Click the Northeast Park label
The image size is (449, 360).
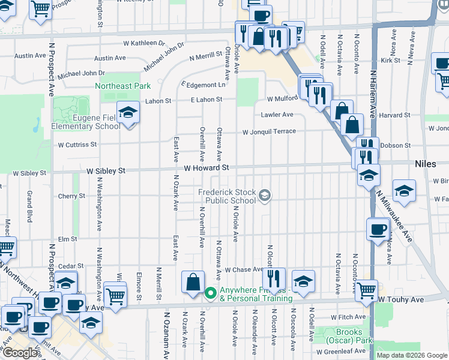[122, 86]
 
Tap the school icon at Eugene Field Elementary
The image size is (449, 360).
[128, 112]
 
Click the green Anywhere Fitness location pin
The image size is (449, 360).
[210, 293]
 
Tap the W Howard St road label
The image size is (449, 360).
[207, 168]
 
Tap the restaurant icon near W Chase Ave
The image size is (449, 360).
[273, 278]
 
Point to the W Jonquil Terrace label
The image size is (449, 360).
[269, 131]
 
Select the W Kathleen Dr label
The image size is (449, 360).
[144, 43]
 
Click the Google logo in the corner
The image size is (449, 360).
[19, 353]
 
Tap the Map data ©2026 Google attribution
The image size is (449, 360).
[411, 355]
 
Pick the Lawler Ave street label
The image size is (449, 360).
[277, 114]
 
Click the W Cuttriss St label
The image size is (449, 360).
[77, 145]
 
